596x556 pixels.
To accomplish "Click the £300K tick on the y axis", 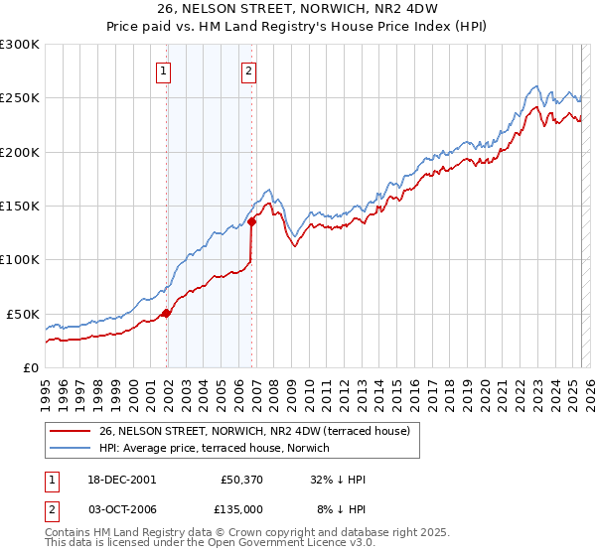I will tap(19, 45).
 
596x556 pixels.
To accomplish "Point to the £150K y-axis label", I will tap(19, 207).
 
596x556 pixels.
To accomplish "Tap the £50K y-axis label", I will tap(22, 314).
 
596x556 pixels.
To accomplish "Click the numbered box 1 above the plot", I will tap(162, 70).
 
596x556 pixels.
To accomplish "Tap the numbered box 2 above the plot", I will tap(247, 70).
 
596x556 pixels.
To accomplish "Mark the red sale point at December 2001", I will tap(167, 313).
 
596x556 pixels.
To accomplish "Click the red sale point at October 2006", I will tap(251, 222).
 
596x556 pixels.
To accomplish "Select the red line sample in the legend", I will tap(70, 430).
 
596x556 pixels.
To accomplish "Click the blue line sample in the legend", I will tap(70, 447).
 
